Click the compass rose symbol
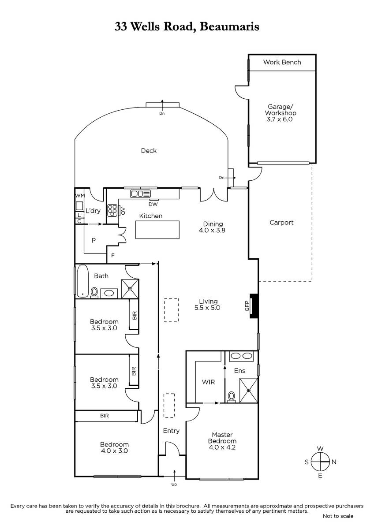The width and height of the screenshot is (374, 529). pos(320,462)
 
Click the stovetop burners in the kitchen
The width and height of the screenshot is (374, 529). pos(112,210)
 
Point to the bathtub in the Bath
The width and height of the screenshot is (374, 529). pos(82,281)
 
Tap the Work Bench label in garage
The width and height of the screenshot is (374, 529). pos(282,62)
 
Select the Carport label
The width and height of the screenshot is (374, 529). pos(281,223)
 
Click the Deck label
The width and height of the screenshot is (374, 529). pos(149,151)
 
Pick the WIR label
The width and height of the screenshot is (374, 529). pos(208,382)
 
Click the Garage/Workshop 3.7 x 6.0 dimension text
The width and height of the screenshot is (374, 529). pos(280,119)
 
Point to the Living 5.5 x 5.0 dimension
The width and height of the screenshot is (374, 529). pos(207,308)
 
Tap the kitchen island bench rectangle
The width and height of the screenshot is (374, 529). pos(157,230)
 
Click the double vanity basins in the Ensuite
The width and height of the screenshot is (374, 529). pos(241,356)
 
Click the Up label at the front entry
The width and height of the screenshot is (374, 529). pos(174,484)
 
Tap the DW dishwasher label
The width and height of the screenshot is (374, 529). pos(153,204)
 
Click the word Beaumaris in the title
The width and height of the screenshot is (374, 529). pos(229,26)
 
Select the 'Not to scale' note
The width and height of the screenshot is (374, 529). pos(338,516)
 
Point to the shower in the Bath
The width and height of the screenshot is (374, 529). pos(130,288)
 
